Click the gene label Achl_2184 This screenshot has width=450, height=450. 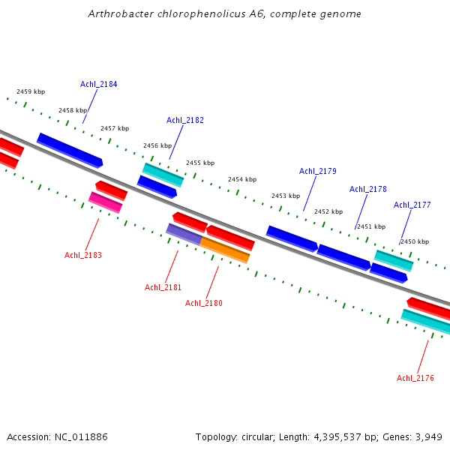click(x=99, y=84)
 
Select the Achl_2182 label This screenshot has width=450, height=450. click(x=185, y=120)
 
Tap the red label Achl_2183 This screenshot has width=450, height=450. click(x=83, y=255)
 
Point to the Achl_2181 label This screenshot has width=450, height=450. click(x=163, y=287)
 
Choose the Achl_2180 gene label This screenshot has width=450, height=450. click(x=204, y=303)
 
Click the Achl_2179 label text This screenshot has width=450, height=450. click(x=318, y=171)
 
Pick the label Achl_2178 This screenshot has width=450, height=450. click(x=368, y=189)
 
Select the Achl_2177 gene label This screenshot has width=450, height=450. click(x=412, y=205)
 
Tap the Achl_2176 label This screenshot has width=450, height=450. click(x=415, y=378)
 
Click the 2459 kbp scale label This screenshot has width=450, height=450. click(x=31, y=91)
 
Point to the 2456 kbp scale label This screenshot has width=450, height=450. click(x=157, y=145)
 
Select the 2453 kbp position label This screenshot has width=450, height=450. click(x=286, y=196)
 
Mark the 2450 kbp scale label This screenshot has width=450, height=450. click(x=414, y=241)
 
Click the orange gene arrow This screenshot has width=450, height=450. click(x=224, y=250)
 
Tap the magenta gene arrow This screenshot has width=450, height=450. click(x=105, y=202)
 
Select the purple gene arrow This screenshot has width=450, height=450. click(x=184, y=234)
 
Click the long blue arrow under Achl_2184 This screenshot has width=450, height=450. click(x=70, y=150)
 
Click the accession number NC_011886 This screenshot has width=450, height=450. click(x=87, y=436)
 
